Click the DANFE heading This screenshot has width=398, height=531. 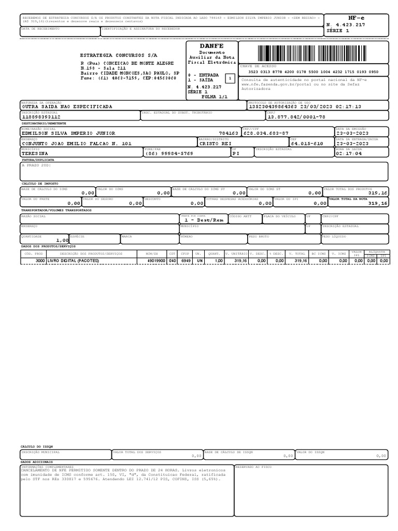(x=211, y=46)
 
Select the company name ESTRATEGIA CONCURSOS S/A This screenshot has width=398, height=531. (x=119, y=55)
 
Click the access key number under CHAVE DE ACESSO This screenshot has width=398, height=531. (x=313, y=72)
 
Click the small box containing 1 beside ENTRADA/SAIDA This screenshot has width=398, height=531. (x=230, y=78)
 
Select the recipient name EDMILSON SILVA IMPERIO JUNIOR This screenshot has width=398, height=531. (x=68, y=133)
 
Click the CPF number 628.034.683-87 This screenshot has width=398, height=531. (x=266, y=133)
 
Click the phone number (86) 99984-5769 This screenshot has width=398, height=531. (x=169, y=154)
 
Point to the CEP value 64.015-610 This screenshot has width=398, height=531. (x=307, y=144)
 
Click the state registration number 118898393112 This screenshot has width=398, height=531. (x=41, y=117)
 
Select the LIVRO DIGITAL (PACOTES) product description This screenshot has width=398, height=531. (x=73, y=261)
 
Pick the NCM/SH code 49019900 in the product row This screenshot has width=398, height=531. (x=156, y=261)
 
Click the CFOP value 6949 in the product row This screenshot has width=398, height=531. (x=186, y=261)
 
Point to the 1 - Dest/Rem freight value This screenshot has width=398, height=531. (x=204, y=220)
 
